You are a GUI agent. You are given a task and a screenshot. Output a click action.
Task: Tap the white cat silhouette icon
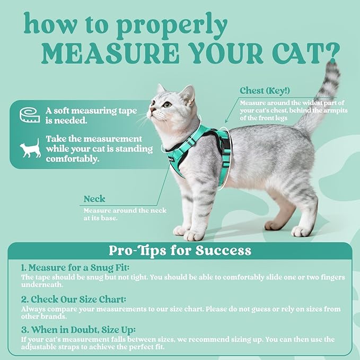30,149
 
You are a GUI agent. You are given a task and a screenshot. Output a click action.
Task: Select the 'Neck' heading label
94,199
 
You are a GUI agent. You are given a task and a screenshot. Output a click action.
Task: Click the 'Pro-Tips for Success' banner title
180,250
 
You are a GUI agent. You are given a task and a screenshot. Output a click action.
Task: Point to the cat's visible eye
168,104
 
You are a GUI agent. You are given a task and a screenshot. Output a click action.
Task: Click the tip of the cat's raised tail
332,67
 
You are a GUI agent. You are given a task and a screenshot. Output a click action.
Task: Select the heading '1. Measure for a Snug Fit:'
75,268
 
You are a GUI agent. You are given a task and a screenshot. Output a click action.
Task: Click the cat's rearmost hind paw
302,231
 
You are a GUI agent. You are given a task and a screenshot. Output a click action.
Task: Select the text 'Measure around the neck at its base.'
125,214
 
